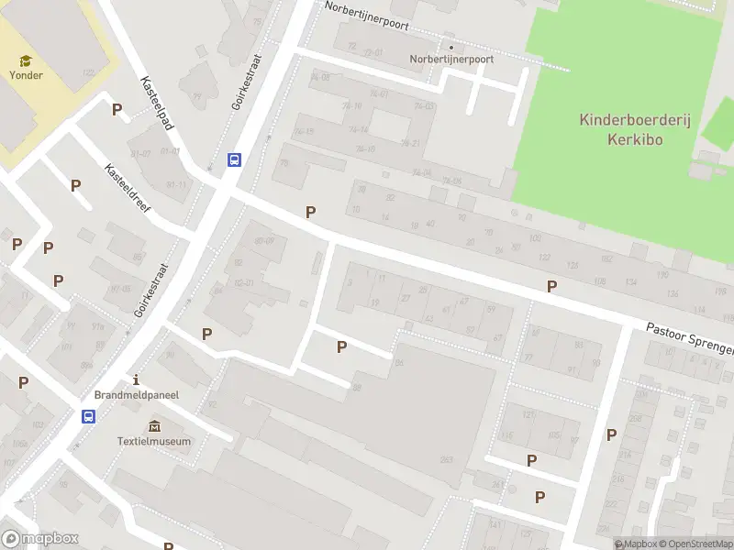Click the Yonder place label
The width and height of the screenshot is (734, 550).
(x=26, y=75)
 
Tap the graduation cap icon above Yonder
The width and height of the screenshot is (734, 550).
(x=26, y=60)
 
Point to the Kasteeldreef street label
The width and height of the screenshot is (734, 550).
(x=128, y=188)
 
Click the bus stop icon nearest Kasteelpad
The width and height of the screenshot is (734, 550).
(x=234, y=159)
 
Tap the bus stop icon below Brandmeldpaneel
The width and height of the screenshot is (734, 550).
(x=89, y=416)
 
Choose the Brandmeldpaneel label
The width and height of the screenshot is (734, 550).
(x=136, y=394)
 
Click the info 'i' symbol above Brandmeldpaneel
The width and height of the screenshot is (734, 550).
(x=136, y=379)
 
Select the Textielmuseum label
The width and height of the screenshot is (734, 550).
(x=154, y=441)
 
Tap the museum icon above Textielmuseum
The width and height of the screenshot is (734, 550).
(x=154, y=425)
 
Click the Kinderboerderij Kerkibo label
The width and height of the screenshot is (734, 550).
(x=621, y=129)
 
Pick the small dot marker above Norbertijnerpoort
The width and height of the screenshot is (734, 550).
(x=450, y=47)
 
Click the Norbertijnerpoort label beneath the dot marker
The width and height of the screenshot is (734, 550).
(x=451, y=59)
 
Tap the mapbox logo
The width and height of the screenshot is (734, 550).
(x=40, y=539)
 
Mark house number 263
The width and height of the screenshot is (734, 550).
(x=447, y=460)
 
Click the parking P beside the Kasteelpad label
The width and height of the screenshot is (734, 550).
(x=117, y=109)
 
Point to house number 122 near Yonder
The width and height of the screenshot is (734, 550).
(x=88, y=72)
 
